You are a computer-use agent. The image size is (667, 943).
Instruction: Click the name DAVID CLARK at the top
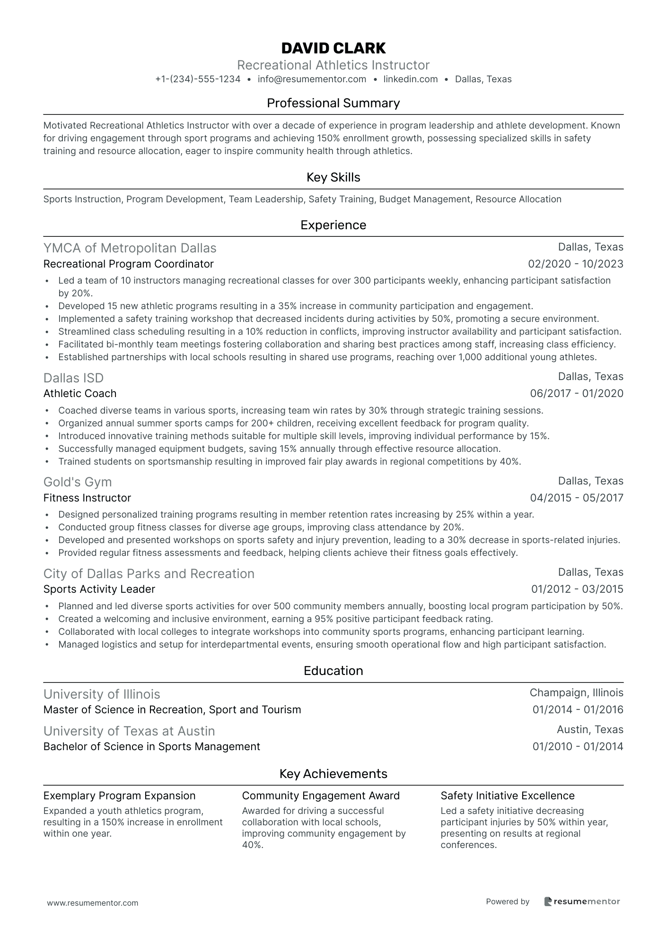click(333, 48)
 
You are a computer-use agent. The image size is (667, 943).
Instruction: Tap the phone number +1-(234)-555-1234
click(198, 79)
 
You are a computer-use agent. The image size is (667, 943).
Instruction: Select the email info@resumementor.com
click(312, 79)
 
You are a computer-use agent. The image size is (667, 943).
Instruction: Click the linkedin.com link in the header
click(410, 79)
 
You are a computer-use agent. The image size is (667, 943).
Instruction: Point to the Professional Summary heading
click(333, 103)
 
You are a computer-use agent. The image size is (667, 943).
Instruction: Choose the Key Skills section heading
click(333, 177)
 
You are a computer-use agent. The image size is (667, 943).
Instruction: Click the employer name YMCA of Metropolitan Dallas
click(130, 248)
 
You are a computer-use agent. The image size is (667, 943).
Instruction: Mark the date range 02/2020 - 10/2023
click(576, 264)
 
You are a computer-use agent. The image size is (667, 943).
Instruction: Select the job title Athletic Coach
click(79, 393)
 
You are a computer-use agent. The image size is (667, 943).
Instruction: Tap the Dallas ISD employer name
click(73, 378)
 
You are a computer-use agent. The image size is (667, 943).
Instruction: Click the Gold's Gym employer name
click(78, 482)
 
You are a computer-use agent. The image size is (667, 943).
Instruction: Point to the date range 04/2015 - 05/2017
click(577, 498)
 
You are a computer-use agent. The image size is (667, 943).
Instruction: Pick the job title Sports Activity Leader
click(99, 589)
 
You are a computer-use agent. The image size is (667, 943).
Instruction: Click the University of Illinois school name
click(102, 694)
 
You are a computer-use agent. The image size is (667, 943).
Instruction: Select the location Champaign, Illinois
click(576, 693)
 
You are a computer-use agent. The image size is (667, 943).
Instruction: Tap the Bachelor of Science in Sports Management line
click(151, 746)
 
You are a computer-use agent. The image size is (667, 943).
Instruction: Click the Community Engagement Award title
click(321, 796)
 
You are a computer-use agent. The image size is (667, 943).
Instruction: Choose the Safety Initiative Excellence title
click(507, 796)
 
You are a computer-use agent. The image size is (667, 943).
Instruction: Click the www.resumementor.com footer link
click(93, 903)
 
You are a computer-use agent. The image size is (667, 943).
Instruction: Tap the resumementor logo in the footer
click(582, 901)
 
